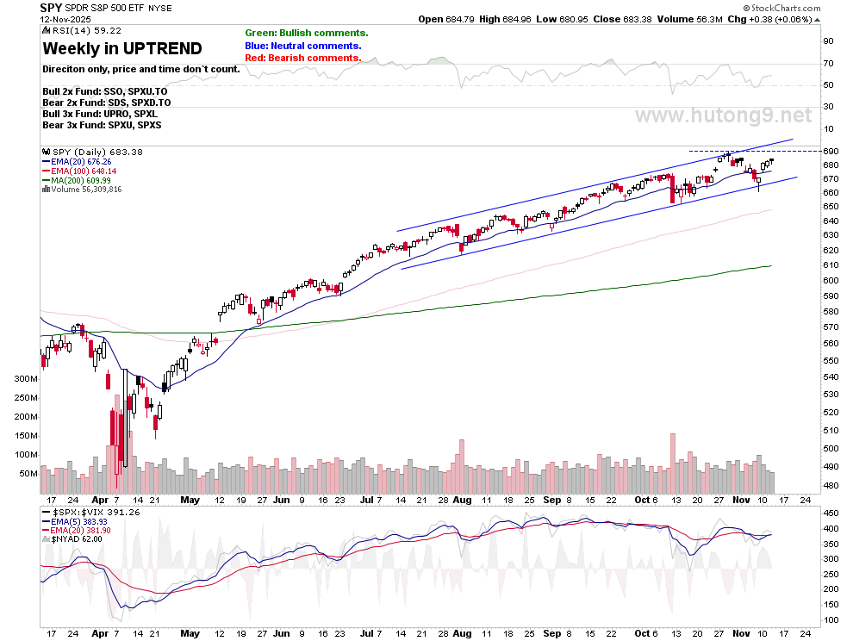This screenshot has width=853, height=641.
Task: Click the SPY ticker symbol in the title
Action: (x=50, y=7)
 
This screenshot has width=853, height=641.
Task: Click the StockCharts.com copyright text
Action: (x=801, y=7)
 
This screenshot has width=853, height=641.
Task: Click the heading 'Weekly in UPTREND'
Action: (x=121, y=49)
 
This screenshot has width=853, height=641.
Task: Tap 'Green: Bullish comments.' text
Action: (x=306, y=33)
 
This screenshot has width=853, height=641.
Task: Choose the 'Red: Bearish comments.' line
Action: (x=302, y=58)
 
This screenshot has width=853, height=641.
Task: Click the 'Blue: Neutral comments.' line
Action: (x=302, y=46)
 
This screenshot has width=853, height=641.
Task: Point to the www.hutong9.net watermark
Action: (x=723, y=115)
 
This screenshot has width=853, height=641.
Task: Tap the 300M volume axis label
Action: (x=24, y=379)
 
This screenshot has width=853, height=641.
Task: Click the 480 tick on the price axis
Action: (x=828, y=486)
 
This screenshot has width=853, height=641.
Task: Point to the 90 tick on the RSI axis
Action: (x=828, y=40)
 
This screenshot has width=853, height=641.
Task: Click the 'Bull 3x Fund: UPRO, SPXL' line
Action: (x=99, y=114)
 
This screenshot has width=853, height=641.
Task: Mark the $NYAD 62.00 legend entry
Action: (x=80, y=538)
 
